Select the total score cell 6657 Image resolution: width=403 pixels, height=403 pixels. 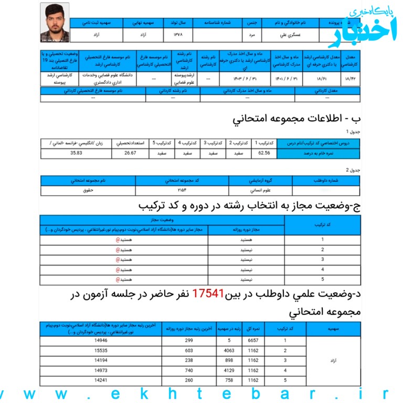tap(253, 341)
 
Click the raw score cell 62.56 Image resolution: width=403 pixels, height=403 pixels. tap(264, 153)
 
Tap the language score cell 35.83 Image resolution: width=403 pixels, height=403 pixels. tap(77, 153)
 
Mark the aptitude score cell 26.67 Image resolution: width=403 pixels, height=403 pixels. tap(130, 153)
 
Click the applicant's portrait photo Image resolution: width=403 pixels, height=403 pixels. tap(55, 23)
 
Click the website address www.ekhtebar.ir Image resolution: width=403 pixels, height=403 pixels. tap(201, 394)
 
